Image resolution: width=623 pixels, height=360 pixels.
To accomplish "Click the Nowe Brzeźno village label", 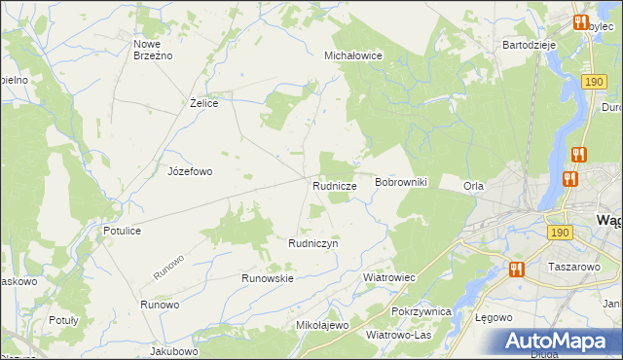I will click(153, 50).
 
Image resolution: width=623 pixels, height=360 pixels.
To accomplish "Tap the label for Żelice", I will click(202, 103).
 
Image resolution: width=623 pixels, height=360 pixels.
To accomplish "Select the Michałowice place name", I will click(353, 56).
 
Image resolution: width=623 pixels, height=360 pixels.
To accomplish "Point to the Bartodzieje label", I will click(529, 45).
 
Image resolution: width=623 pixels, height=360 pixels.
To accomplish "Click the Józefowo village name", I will click(190, 171).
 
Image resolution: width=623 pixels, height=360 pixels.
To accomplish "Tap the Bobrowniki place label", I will click(401, 183).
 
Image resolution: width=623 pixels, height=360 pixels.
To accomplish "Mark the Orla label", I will click(474, 186).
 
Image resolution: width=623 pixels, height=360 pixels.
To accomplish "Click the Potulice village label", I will click(123, 231).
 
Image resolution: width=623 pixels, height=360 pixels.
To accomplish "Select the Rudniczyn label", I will click(312, 243).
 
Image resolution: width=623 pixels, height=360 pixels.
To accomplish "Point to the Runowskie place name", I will click(268, 278).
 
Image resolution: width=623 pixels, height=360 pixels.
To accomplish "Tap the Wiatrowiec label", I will click(389, 277).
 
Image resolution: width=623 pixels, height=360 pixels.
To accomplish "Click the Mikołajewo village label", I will click(321, 325).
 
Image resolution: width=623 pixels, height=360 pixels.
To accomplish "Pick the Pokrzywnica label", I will click(421, 311).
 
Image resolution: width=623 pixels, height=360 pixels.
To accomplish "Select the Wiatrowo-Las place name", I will click(399, 335).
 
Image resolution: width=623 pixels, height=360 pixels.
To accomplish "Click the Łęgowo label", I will click(493, 318).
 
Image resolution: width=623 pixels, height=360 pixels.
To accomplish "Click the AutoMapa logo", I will click(560, 342).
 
